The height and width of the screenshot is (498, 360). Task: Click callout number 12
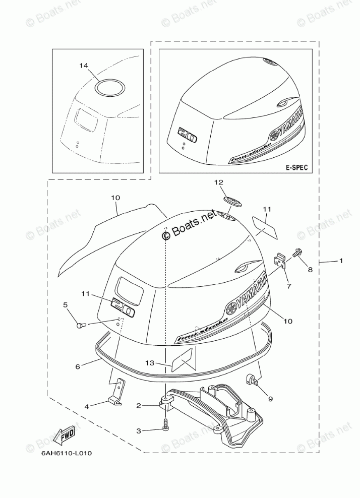[x=218, y=182]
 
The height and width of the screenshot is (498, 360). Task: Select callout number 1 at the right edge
[x=341, y=261]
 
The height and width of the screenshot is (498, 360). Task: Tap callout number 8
[x=310, y=270]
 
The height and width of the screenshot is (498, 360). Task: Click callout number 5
[x=65, y=305]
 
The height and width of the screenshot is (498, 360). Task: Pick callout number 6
[x=78, y=367]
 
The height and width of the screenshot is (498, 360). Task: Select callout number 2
[x=138, y=405]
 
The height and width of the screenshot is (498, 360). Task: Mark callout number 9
[x=270, y=399]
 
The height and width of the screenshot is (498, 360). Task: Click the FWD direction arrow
[x=65, y=435]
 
